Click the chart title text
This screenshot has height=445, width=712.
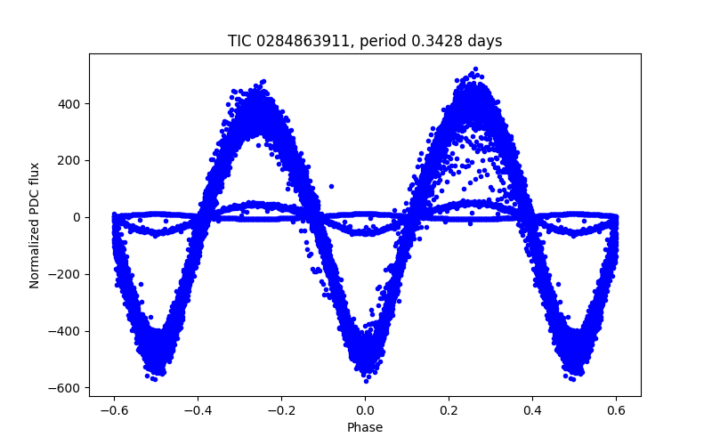pos(365,41)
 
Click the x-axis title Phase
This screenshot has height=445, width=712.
pos(365,427)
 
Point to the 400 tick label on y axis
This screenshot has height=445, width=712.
pos(69,103)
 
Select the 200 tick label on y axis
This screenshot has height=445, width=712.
pos(69,160)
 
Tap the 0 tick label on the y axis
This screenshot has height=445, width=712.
pos(77,217)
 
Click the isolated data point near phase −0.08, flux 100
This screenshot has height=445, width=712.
pos(331,187)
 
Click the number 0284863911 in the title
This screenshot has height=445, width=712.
pos(295,41)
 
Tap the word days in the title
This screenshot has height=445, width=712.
pos(486,41)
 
